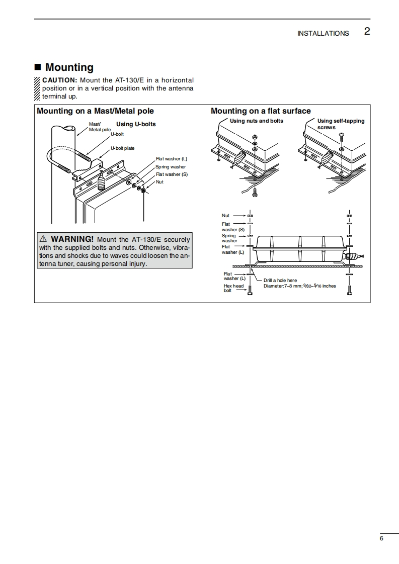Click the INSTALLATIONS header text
point(323,34)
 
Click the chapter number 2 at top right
point(367,32)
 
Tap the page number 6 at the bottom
point(381,539)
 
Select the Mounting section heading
point(69,67)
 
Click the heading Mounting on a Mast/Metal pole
point(95,111)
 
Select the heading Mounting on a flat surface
point(261,111)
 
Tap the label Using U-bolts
point(136,124)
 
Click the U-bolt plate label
point(122,148)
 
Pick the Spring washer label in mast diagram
point(171,167)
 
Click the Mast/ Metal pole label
point(99,127)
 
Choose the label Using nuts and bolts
point(256,121)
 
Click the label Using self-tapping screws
point(341,124)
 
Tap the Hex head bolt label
point(233,288)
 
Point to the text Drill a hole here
point(280,280)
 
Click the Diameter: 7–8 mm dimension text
point(299,286)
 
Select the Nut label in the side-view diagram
point(225,216)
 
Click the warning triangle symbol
point(43,239)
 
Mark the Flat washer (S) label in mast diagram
point(172,174)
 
